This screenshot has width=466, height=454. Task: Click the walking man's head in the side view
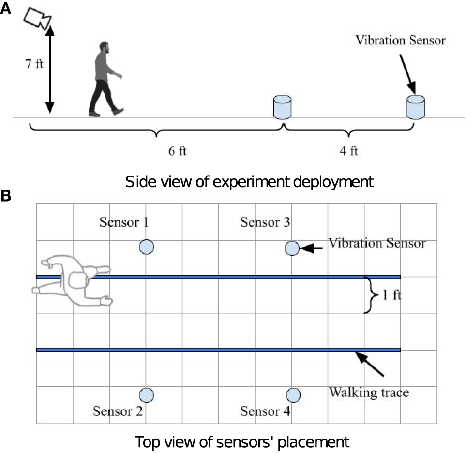click(x=104, y=48)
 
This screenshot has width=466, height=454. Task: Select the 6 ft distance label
click(x=177, y=151)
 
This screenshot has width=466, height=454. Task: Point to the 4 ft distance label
click(x=348, y=151)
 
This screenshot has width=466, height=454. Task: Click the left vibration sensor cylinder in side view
click(x=282, y=107)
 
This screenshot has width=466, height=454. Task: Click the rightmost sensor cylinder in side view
click(x=415, y=107)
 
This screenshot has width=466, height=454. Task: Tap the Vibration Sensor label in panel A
click(x=400, y=40)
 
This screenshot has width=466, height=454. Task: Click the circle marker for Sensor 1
click(x=147, y=247)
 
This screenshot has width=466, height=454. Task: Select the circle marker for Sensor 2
click(x=147, y=395)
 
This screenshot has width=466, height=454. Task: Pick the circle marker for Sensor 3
click(x=292, y=249)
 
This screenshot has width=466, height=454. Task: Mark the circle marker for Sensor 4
click(x=292, y=395)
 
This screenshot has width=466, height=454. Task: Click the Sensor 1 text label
click(x=124, y=222)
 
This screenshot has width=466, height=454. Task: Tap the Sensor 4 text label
click(x=265, y=411)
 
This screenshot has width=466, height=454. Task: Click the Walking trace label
click(x=369, y=392)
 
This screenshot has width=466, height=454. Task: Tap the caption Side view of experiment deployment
click(x=249, y=182)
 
